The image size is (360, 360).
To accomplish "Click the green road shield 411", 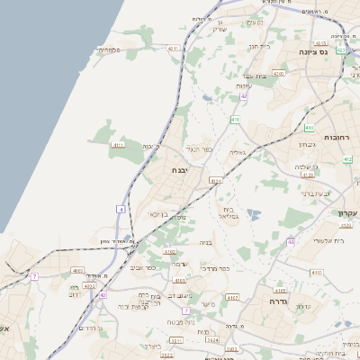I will [235, 119].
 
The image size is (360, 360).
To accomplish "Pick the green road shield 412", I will [348, 160].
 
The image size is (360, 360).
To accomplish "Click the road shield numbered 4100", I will [279, 73].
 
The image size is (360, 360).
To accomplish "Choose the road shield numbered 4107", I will [233, 297].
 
